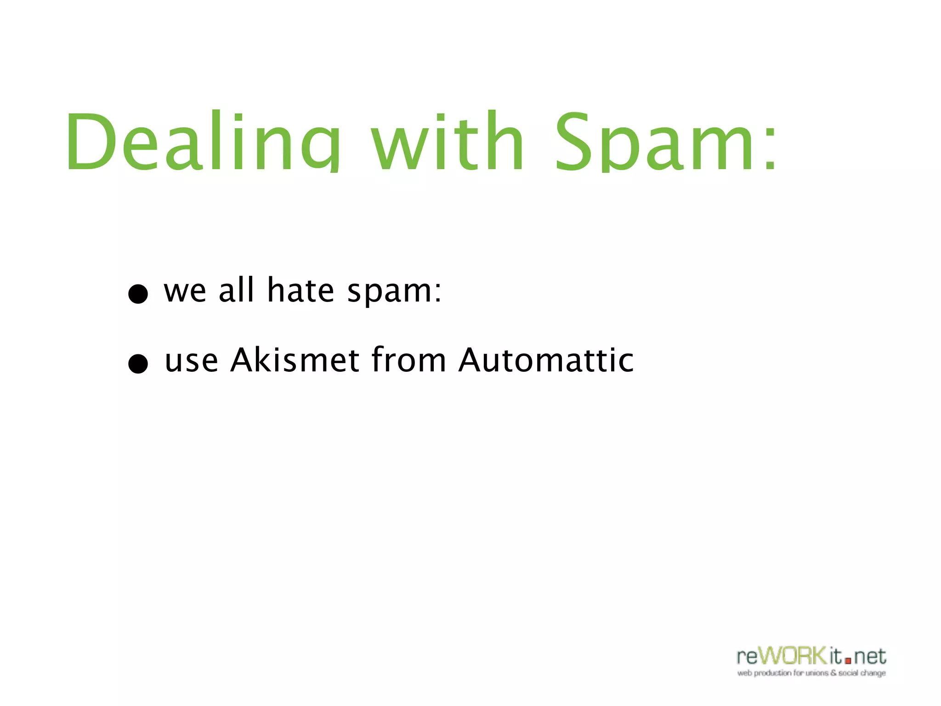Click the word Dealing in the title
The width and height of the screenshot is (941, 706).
(x=202, y=140)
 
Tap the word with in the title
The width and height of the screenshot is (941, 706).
(x=448, y=140)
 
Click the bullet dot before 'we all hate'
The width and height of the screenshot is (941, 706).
(x=138, y=294)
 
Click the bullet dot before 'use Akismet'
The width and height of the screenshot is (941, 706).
(x=138, y=364)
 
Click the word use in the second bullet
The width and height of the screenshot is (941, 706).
(x=191, y=361)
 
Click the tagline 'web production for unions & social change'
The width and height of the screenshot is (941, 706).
(x=811, y=673)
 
